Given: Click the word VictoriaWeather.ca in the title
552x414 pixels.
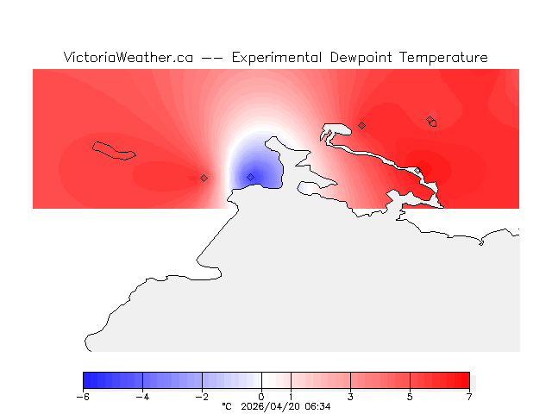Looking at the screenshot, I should coord(128,58).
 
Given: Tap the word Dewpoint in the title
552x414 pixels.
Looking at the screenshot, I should coord(363,58).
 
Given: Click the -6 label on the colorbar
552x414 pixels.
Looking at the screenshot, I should coord(83,397).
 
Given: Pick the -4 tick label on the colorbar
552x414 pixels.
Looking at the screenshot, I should coord(142,397).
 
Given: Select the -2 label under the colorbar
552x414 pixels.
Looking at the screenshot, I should coord(202,397).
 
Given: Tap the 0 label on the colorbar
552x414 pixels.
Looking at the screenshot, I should coord(261,397).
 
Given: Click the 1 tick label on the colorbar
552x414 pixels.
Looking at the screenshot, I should coord(291,397).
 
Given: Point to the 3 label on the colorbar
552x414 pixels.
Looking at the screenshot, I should coord(350,397).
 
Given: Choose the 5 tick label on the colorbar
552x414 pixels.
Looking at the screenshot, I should coord(410,397).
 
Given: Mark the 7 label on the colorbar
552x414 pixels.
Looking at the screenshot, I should coord(469,397).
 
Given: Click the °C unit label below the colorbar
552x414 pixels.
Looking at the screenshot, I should coord(227,406).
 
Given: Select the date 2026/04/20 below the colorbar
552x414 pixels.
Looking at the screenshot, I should coord(271,406).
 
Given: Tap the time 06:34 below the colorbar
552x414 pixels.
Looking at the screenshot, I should coord(317,406).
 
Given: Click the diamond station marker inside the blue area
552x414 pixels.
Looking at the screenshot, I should coord(251,178).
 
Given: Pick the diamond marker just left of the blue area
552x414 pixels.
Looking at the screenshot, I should coord(204,179).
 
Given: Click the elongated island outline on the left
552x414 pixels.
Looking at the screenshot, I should coord(114,150).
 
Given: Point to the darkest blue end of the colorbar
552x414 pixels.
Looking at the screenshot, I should coord(86,380).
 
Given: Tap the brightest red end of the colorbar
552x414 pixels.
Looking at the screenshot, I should coord(466,380).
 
